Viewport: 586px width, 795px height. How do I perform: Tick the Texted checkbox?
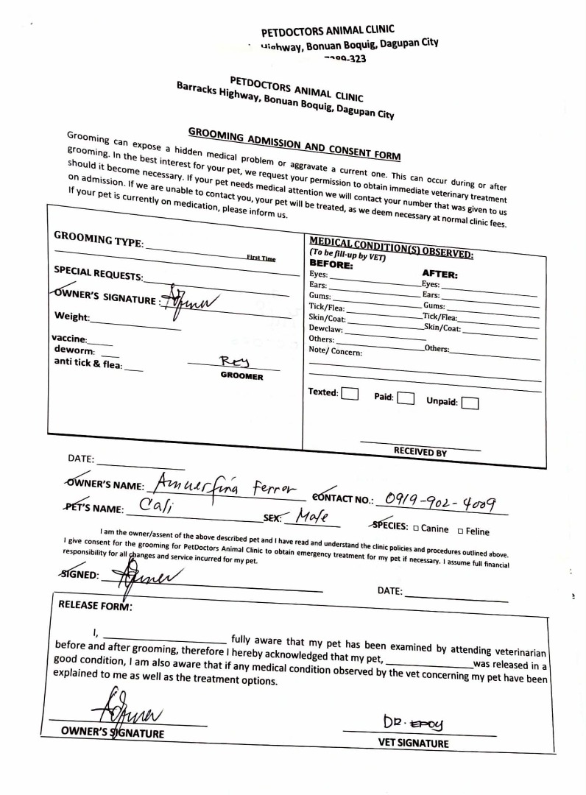[x=350, y=393]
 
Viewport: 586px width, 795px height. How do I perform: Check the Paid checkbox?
[x=405, y=398]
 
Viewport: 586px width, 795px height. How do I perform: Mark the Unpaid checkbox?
[x=470, y=403]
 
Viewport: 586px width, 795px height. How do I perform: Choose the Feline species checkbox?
[x=461, y=531]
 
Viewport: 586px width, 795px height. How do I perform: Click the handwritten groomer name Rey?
[x=236, y=361]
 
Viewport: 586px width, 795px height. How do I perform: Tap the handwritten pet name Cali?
[x=155, y=506]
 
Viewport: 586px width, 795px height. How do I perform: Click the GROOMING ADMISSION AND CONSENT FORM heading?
[x=294, y=144]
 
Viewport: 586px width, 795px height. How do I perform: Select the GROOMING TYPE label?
[x=99, y=240]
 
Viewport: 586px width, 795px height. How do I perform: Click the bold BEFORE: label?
[x=331, y=264]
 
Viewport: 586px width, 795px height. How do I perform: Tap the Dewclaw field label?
[x=326, y=329]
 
